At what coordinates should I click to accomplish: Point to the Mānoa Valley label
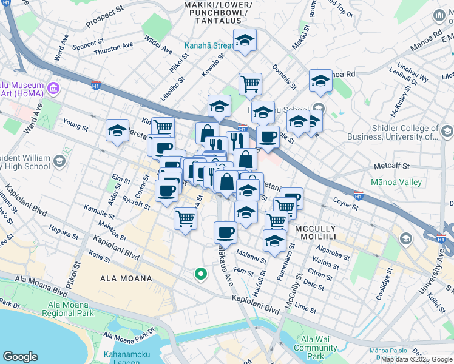pyautogui.click(x=398, y=182)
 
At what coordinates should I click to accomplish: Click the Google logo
pyautogui.click(x=20, y=357)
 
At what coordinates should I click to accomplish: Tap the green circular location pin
pyautogui.click(x=200, y=275)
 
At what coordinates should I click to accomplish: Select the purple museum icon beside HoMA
pyautogui.click(x=53, y=89)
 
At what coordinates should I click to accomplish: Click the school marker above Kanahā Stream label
pyautogui.click(x=245, y=41)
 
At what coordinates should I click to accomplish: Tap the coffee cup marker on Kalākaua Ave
pyautogui.click(x=225, y=232)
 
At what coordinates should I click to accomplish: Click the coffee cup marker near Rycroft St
pyautogui.click(x=167, y=191)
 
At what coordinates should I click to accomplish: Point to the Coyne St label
pyautogui.click(x=345, y=202)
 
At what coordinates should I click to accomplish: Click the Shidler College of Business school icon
pyautogui.click(x=446, y=132)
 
